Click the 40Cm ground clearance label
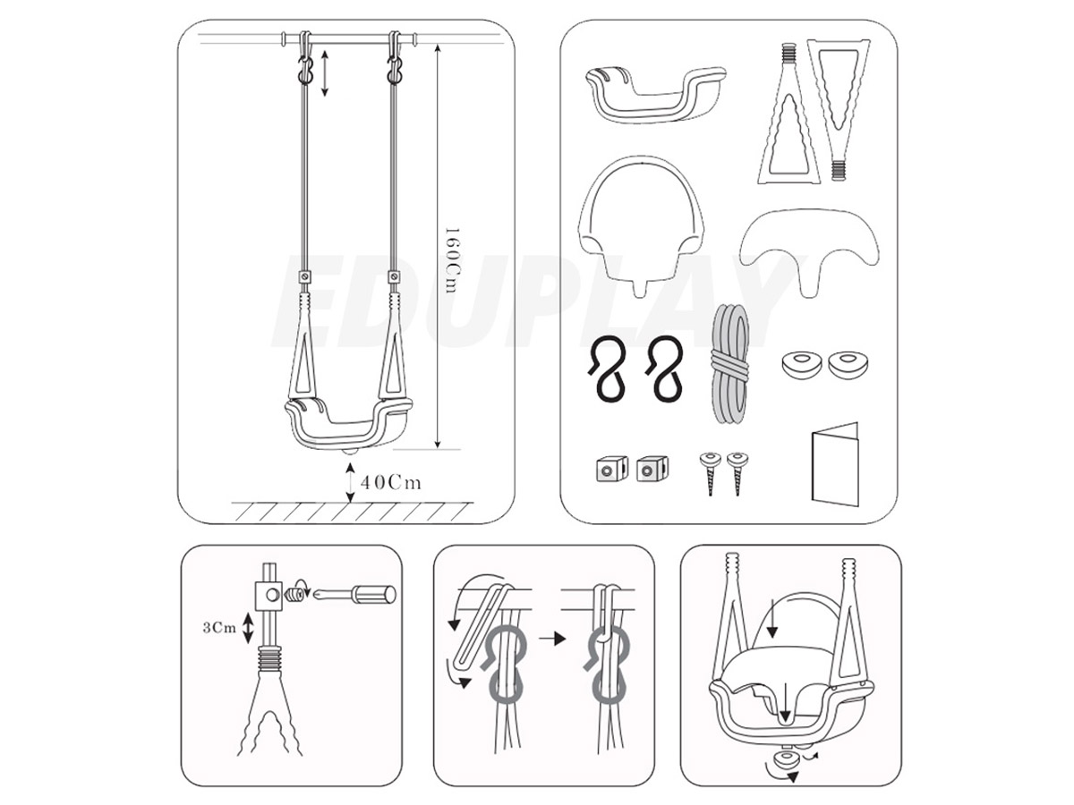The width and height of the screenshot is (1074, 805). click(390, 483)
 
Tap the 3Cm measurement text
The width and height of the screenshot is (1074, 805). click(219, 628)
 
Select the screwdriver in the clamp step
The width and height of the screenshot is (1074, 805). click(354, 594)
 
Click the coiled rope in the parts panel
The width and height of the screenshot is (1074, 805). click(729, 364)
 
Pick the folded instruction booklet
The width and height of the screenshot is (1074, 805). click(835, 462)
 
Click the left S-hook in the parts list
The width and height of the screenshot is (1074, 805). click(609, 369)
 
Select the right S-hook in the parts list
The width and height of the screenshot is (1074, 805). click(664, 369)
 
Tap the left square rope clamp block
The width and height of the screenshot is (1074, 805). click(611, 470)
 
